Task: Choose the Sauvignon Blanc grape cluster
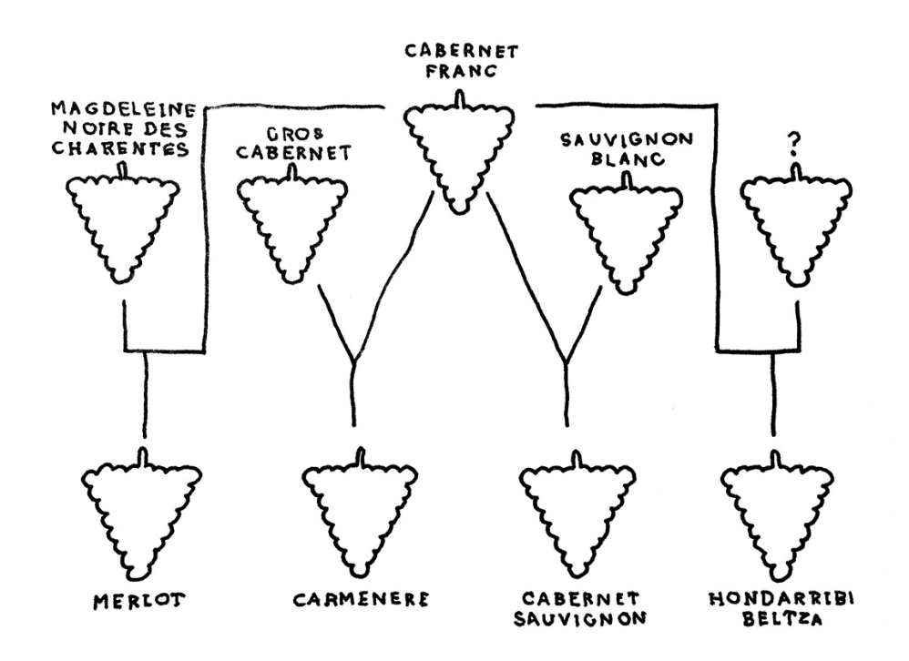(627, 228)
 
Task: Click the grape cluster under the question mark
(797, 223)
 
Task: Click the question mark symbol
(796, 143)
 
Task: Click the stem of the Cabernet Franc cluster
(461, 98)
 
